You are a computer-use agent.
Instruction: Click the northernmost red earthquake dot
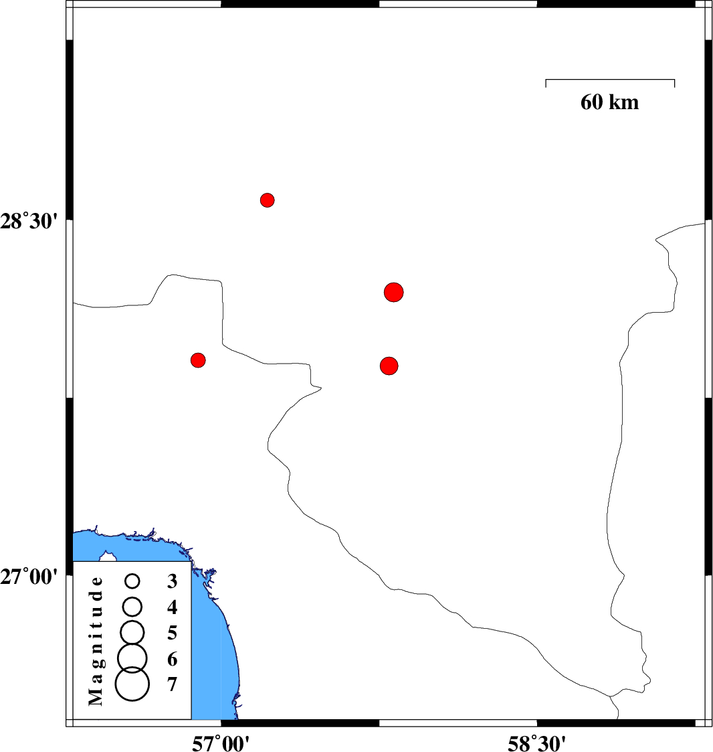[x=268, y=200]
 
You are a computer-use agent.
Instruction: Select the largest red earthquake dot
[x=394, y=292]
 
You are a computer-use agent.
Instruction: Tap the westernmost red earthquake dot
[x=198, y=360]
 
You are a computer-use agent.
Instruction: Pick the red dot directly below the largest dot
[x=389, y=366]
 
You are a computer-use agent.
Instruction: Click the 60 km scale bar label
[x=609, y=102]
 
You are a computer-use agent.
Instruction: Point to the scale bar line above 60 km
[x=610, y=80]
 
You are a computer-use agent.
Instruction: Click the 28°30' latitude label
[x=29, y=222]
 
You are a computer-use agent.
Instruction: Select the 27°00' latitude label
[x=29, y=577]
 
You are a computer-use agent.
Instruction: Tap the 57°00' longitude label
[x=221, y=743]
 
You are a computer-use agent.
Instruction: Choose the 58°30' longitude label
[x=536, y=743]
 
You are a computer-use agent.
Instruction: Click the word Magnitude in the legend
[x=96, y=642]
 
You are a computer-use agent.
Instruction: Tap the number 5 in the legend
[x=173, y=633]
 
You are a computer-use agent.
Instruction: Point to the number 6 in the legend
[x=173, y=659]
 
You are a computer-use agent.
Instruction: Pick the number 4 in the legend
[x=173, y=607]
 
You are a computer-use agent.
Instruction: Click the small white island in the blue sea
[x=108, y=557]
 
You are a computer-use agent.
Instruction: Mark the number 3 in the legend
[x=173, y=581]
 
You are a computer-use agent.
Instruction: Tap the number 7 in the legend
[x=173, y=684]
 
